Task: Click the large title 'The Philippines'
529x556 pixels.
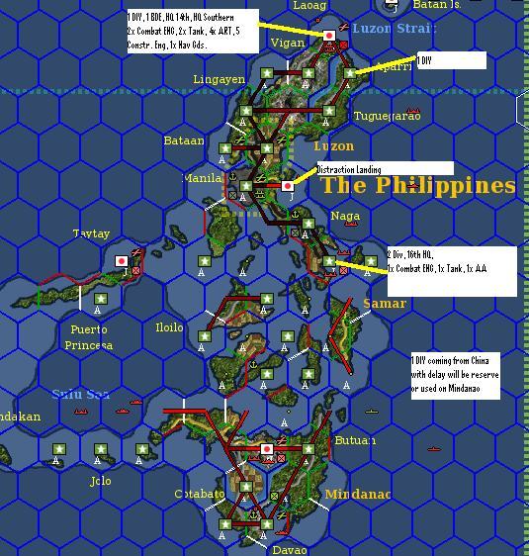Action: coord(418,186)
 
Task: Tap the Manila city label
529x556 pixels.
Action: coord(203,178)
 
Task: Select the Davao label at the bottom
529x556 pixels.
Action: coord(290,549)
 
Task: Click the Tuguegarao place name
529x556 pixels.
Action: coord(387,116)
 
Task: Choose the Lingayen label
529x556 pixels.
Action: coord(219,79)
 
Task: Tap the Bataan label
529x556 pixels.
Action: coord(184,140)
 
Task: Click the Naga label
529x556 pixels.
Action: coord(345,215)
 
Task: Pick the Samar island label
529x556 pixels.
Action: coord(384,303)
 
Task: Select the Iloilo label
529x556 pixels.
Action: coord(169,327)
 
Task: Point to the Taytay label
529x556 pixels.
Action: coord(91,233)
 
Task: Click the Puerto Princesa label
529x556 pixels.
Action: coord(89,337)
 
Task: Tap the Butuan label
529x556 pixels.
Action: coord(355,440)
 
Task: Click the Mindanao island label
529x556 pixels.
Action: coord(358,494)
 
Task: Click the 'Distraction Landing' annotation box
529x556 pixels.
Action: coord(385,169)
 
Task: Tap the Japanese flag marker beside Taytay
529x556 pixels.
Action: coord(122,262)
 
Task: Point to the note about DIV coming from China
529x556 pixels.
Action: coord(456,374)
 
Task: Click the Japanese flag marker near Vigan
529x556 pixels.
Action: coord(330,36)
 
